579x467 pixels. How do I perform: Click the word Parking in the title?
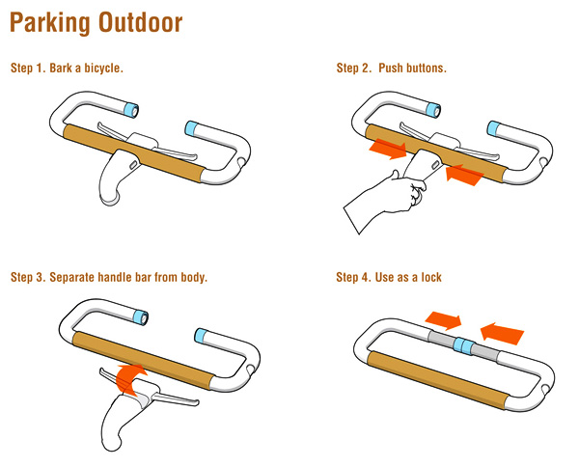tap(50, 23)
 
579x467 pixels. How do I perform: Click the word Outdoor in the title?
tap(141, 22)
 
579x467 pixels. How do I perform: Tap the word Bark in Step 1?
tap(61, 68)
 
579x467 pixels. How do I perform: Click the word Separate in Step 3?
tap(71, 277)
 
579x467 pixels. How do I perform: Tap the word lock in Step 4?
tap(431, 277)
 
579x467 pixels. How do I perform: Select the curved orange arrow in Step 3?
tap(130, 376)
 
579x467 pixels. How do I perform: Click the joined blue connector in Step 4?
tap(463, 346)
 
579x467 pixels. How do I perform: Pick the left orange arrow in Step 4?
tap(443, 320)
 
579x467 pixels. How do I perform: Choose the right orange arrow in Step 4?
tap(502, 333)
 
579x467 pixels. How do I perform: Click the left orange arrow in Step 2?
tap(388, 149)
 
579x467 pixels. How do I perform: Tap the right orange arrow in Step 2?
tap(465, 175)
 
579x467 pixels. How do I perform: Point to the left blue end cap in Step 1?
tap(131, 110)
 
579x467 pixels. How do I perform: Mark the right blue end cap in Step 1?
tap(191, 127)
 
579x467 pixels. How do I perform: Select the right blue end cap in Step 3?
tap(202, 335)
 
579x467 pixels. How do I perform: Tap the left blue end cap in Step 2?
tap(433, 110)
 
